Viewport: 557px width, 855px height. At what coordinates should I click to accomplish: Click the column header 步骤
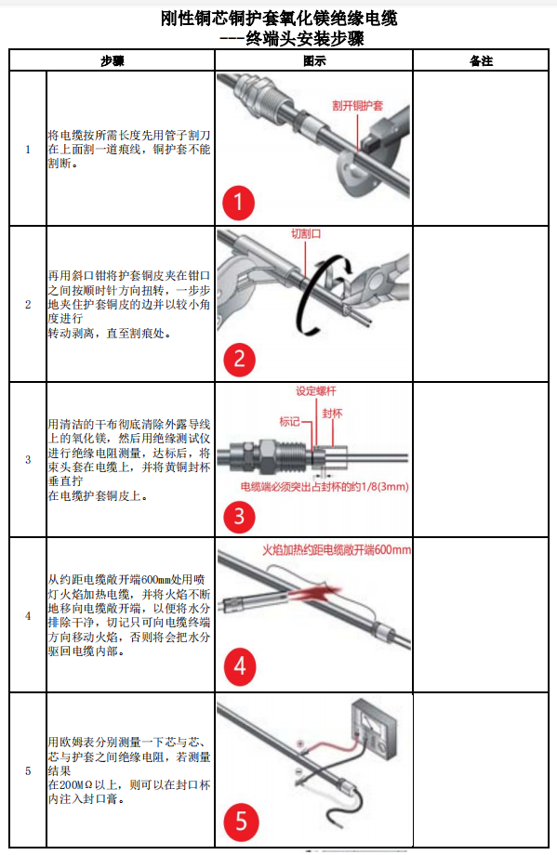coord(113,61)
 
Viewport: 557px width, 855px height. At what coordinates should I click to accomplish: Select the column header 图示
coord(313,61)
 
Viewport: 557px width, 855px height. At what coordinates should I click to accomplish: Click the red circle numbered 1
coord(238,202)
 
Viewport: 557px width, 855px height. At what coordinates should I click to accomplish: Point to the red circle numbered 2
coord(239,358)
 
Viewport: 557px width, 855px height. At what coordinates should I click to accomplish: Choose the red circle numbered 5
coord(240,822)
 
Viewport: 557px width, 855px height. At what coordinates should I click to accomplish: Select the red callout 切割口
coord(306,234)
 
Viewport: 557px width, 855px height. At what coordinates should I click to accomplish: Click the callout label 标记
coord(290,421)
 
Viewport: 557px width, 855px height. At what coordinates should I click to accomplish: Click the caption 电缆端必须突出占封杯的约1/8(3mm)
coord(325,486)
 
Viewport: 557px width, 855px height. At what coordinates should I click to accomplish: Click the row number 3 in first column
coord(27,459)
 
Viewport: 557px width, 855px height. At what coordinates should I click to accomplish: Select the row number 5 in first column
coord(27,770)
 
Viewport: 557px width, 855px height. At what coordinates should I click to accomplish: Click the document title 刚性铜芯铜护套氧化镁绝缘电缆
coord(278,19)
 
